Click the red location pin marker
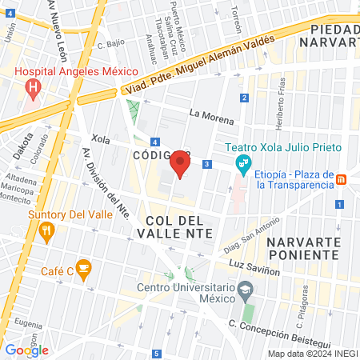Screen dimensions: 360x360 tap(181, 166)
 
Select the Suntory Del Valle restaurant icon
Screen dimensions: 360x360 tap(46, 232)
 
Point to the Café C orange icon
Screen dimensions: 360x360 tap(83, 267)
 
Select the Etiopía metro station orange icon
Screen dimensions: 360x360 tap(341, 178)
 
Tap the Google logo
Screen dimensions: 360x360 tap(26, 350)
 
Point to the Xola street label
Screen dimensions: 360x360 tap(101, 139)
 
